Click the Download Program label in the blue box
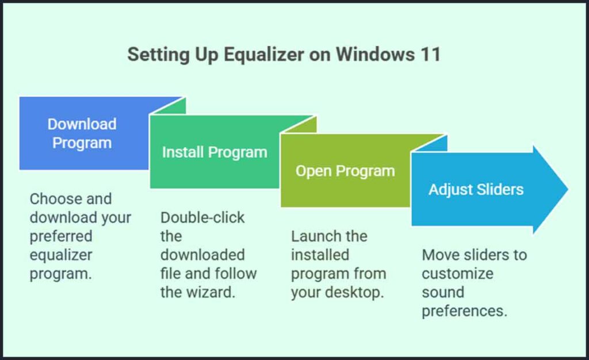(x=82, y=133)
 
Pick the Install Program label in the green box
(x=214, y=152)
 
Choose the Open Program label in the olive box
(x=345, y=171)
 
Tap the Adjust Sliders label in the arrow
(x=476, y=189)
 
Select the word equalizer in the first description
(x=61, y=255)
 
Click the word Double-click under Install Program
(x=202, y=218)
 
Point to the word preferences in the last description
(x=464, y=311)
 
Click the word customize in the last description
(x=457, y=273)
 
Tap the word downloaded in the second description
(x=202, y=255)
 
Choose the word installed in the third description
(x=320, y=255)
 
